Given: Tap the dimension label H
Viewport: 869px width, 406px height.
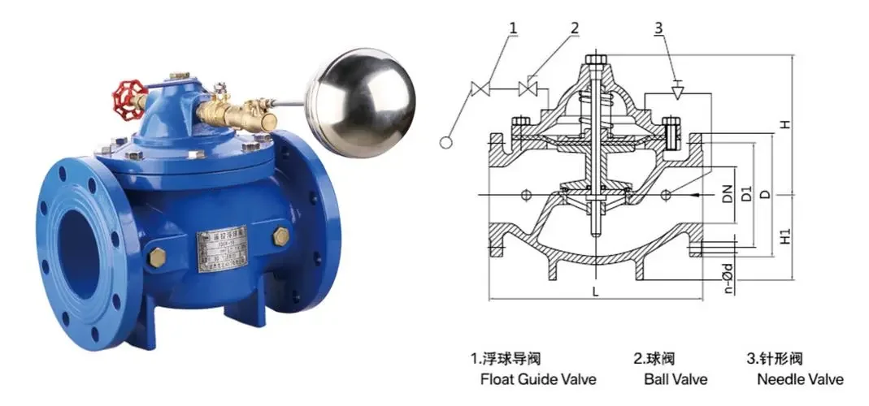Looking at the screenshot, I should coord(784,124).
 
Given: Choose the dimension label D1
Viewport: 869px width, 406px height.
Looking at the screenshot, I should coord(746,195).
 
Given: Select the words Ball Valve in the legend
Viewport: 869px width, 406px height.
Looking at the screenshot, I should coord(676,379).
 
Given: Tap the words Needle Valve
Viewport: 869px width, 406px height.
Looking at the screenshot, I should coord(800,379).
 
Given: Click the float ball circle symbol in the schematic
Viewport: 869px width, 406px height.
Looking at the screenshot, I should coord(446,143).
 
